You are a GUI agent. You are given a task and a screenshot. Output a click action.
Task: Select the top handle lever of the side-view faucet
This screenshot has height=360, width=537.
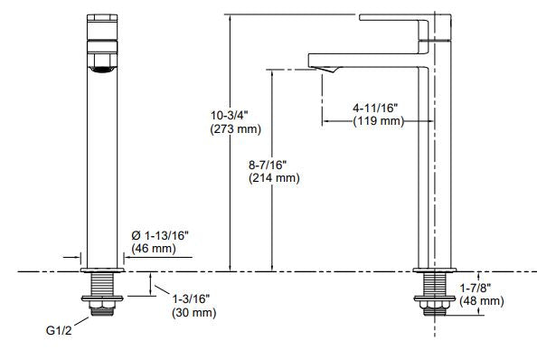point(389,17)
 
